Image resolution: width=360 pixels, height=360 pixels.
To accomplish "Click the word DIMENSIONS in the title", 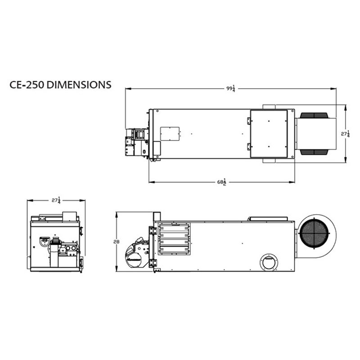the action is [x=79, y=85].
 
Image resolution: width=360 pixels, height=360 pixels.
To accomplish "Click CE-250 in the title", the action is [x=27, y=85].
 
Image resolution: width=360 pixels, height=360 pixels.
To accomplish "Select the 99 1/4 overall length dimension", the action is [x=231, y=88].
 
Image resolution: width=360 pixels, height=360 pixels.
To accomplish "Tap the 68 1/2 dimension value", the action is [x=222, y=182].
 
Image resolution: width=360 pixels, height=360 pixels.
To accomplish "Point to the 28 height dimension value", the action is [x=117, y=242].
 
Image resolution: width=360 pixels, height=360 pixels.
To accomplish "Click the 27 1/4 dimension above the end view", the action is [x=56, y=200].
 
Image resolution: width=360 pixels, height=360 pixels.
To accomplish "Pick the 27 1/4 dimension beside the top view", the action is [x=345, y=134].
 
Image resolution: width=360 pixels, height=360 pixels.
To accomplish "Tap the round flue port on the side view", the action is [x=269, y=262].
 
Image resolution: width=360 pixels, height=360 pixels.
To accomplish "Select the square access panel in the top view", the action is [x=269, y=134].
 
